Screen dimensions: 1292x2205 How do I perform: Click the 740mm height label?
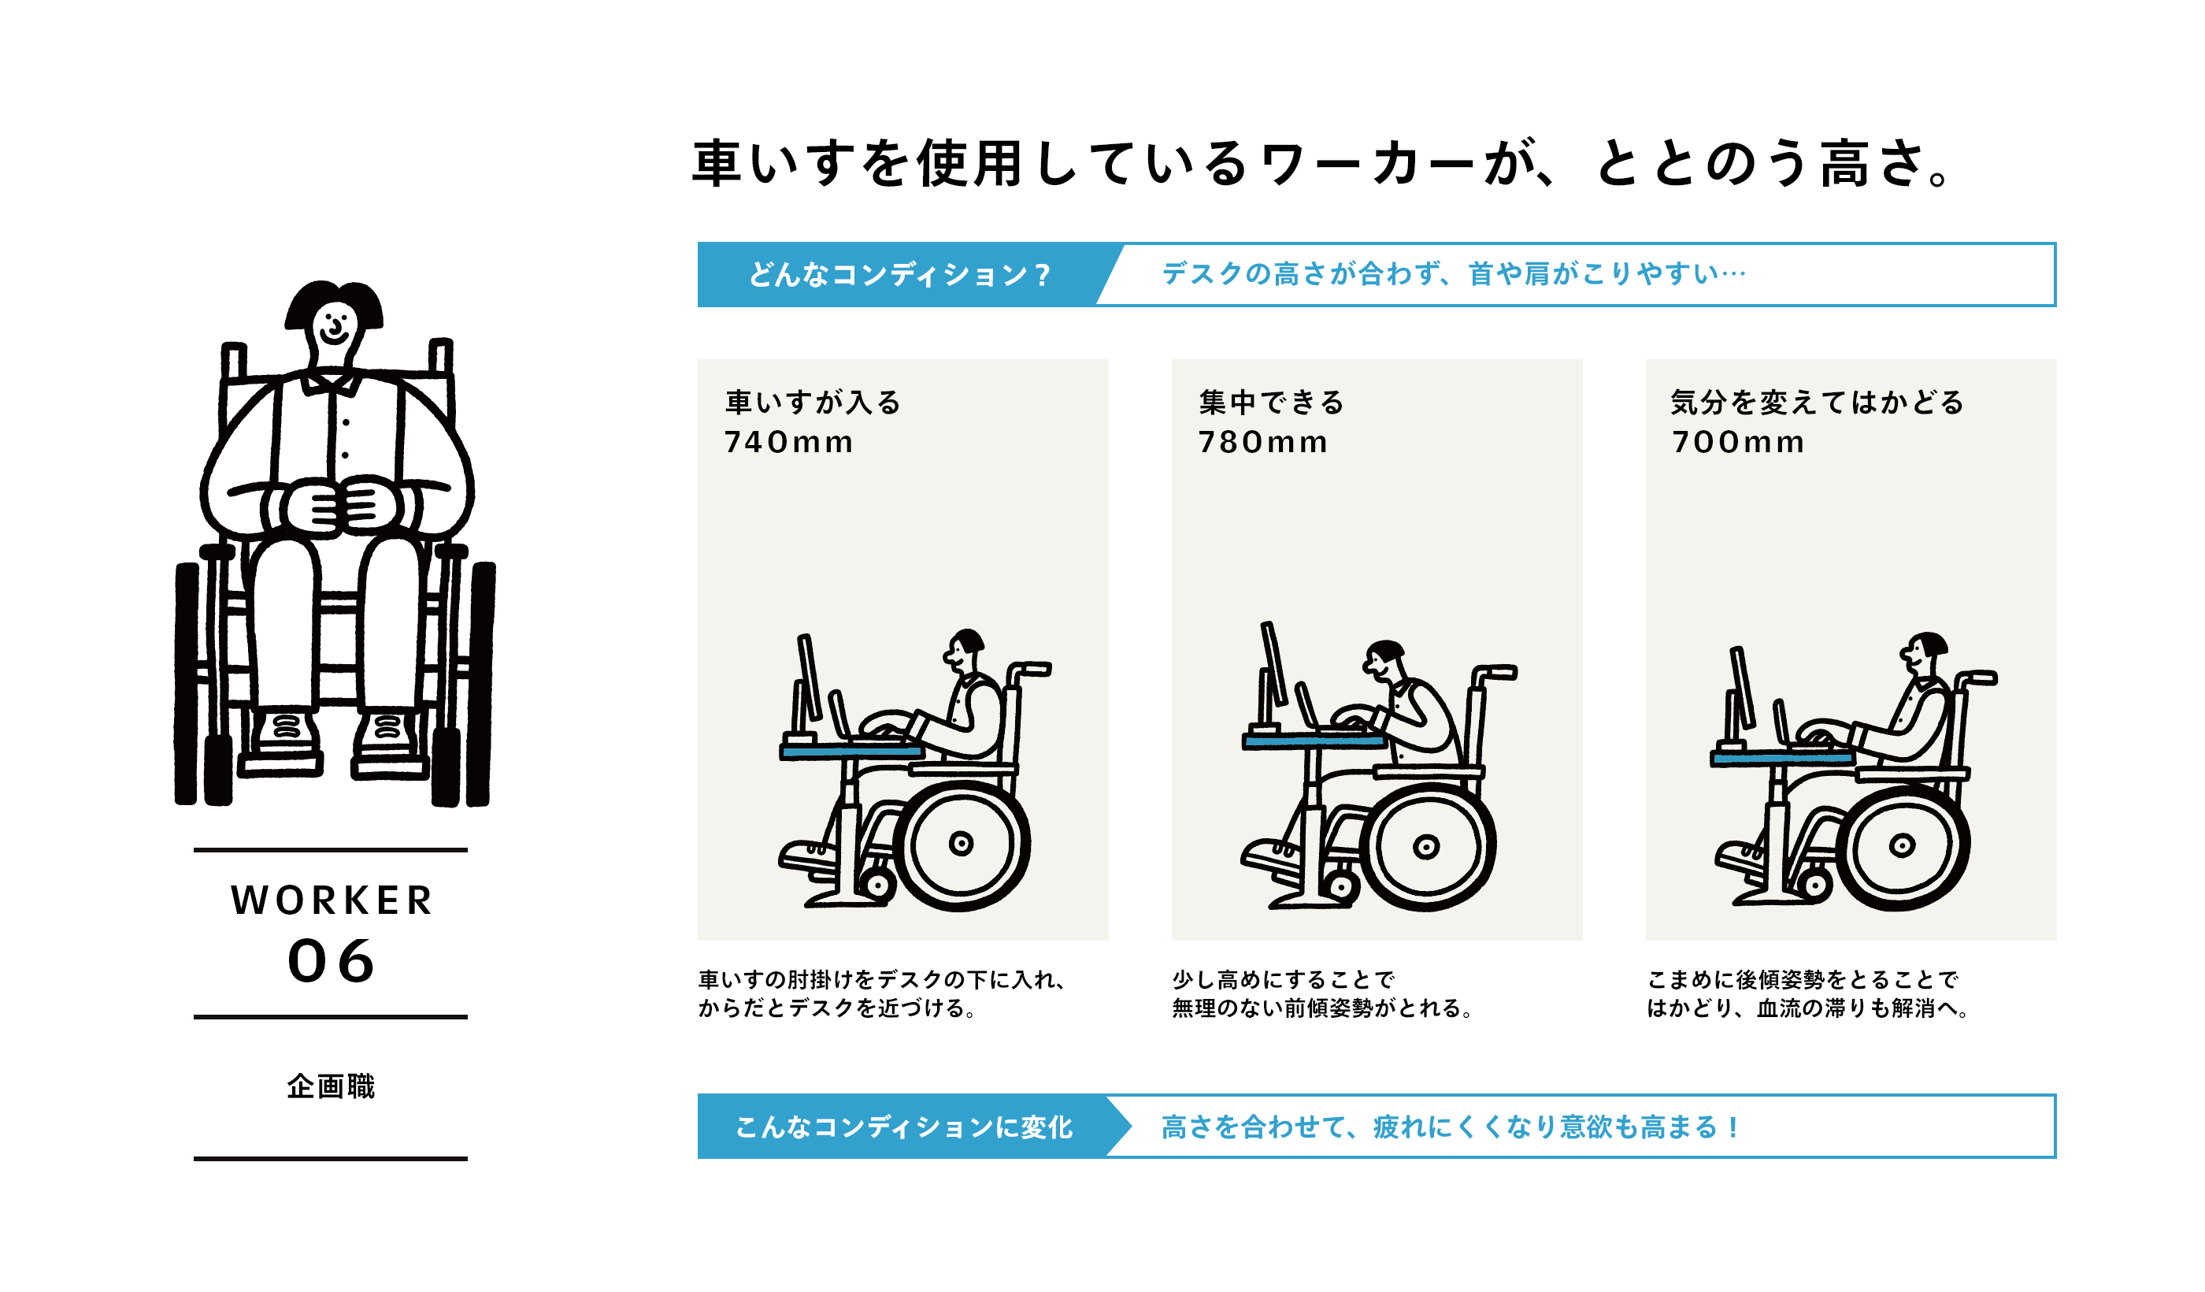tap(787, 442)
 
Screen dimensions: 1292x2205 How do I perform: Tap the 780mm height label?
tap(1262, 442)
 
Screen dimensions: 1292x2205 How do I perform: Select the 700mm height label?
tap(1737, 442)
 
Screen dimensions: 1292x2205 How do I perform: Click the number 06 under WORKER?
tap(332, 961)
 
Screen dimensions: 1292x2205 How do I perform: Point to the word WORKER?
tap(332, 900)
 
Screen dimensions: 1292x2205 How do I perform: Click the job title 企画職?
tap(331, 1086)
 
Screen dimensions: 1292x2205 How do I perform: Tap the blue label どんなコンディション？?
tap(898, 275)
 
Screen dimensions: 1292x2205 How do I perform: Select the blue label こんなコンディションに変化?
tap(903, 1127)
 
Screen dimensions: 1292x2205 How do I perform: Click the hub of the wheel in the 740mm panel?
tap(961, 844)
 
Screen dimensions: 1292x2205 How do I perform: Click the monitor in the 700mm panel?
tap(1742, 687)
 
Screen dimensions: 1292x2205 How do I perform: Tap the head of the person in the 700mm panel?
tap(1925, 652)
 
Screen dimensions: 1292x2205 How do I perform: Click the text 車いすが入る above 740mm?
tap(813, 403)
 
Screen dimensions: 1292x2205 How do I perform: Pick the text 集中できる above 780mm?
tap(1271, 403)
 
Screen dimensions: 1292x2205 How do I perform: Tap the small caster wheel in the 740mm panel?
tap(876, 885)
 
